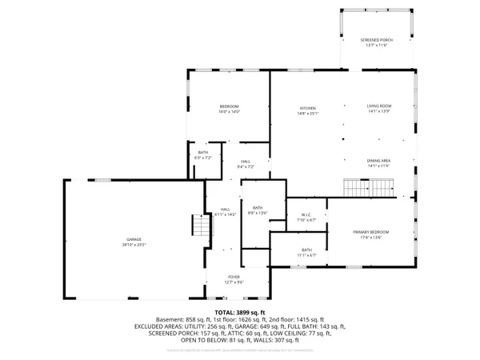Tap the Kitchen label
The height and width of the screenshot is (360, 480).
pyautogui.click(x=308, y=107)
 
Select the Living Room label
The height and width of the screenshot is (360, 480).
pyautogui.click(x=378, y=107)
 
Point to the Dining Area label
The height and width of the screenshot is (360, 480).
pyautogui.click(x=378, y=161)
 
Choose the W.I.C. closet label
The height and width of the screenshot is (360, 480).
pyautogui.click(x=306, y=214)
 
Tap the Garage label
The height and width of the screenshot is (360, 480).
pyautogui.click(x=134, y=238)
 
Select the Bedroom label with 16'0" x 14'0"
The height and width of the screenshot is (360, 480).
pyautogui.click(x=230, y=107)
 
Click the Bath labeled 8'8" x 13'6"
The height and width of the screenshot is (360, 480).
pyautogui.click(x=258, y=208)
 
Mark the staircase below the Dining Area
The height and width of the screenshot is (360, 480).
pyautogui.click(x=370, y=188)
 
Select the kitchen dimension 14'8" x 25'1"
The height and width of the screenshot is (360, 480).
pyautogui.click(x=308, y=112)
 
